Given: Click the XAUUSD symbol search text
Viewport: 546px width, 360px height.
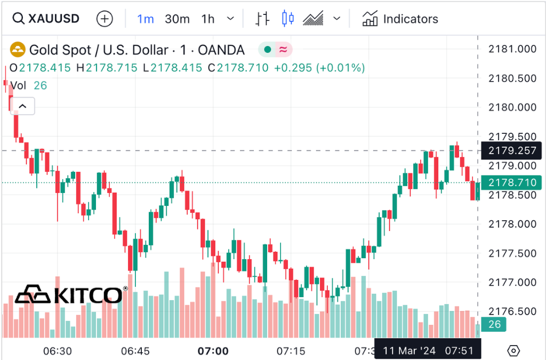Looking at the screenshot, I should (53, 19).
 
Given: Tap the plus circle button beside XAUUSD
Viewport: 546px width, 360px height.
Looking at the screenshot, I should (105, 19).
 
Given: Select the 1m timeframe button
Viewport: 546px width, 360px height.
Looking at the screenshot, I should (146, 19).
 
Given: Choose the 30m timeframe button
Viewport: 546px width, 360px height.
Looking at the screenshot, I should (177, 19).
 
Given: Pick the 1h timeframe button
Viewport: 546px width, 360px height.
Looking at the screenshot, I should (208, 19).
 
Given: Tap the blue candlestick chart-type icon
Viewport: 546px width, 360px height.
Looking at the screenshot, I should (288, 19).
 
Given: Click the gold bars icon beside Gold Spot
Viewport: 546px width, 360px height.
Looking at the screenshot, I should (18, 50).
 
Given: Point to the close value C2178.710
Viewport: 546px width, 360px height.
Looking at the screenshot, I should (238, 68).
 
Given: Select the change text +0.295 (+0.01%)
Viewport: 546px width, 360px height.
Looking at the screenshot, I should (319, 68).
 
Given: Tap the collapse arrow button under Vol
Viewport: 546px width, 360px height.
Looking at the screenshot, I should (22, 106).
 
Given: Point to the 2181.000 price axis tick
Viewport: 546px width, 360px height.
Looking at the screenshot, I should (512, 49).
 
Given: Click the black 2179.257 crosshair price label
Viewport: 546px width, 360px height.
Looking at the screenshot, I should (511, 150).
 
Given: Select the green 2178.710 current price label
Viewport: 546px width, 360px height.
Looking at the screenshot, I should (511, 182).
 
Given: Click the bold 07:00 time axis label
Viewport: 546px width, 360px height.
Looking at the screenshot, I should (213, 351).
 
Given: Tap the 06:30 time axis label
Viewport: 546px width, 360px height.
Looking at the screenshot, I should (57, 351).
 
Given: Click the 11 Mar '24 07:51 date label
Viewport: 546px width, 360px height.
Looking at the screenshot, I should (428, 350).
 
